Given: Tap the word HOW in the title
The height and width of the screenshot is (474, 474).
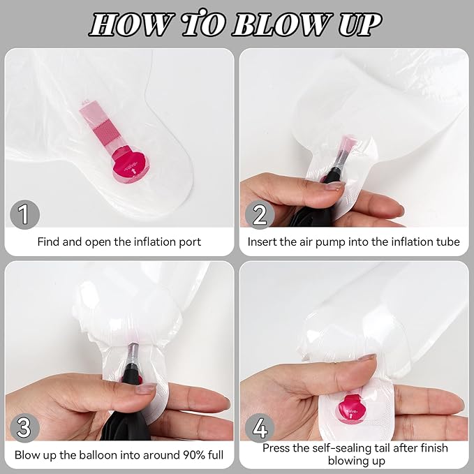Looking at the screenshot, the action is tap(131, 25).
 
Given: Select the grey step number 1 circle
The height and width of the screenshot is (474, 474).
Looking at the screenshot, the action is tap(25, 214).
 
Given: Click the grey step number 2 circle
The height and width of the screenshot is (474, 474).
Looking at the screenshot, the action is tap(260, 214).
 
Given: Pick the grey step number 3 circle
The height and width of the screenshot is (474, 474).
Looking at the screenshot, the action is tap(25, 427).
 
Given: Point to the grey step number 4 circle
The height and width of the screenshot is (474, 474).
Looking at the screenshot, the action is tap(260, 427).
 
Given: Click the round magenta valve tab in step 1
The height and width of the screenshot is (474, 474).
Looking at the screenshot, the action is tap(131, 166).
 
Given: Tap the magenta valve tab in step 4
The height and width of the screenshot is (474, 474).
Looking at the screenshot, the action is tap(350, 408).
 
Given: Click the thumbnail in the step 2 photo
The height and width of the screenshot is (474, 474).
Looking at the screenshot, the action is tap(334, 185).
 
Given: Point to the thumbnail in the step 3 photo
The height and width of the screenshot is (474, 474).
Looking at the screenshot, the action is tap(146, 388).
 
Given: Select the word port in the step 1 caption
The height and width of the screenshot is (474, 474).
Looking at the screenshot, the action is tap(190, 242).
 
